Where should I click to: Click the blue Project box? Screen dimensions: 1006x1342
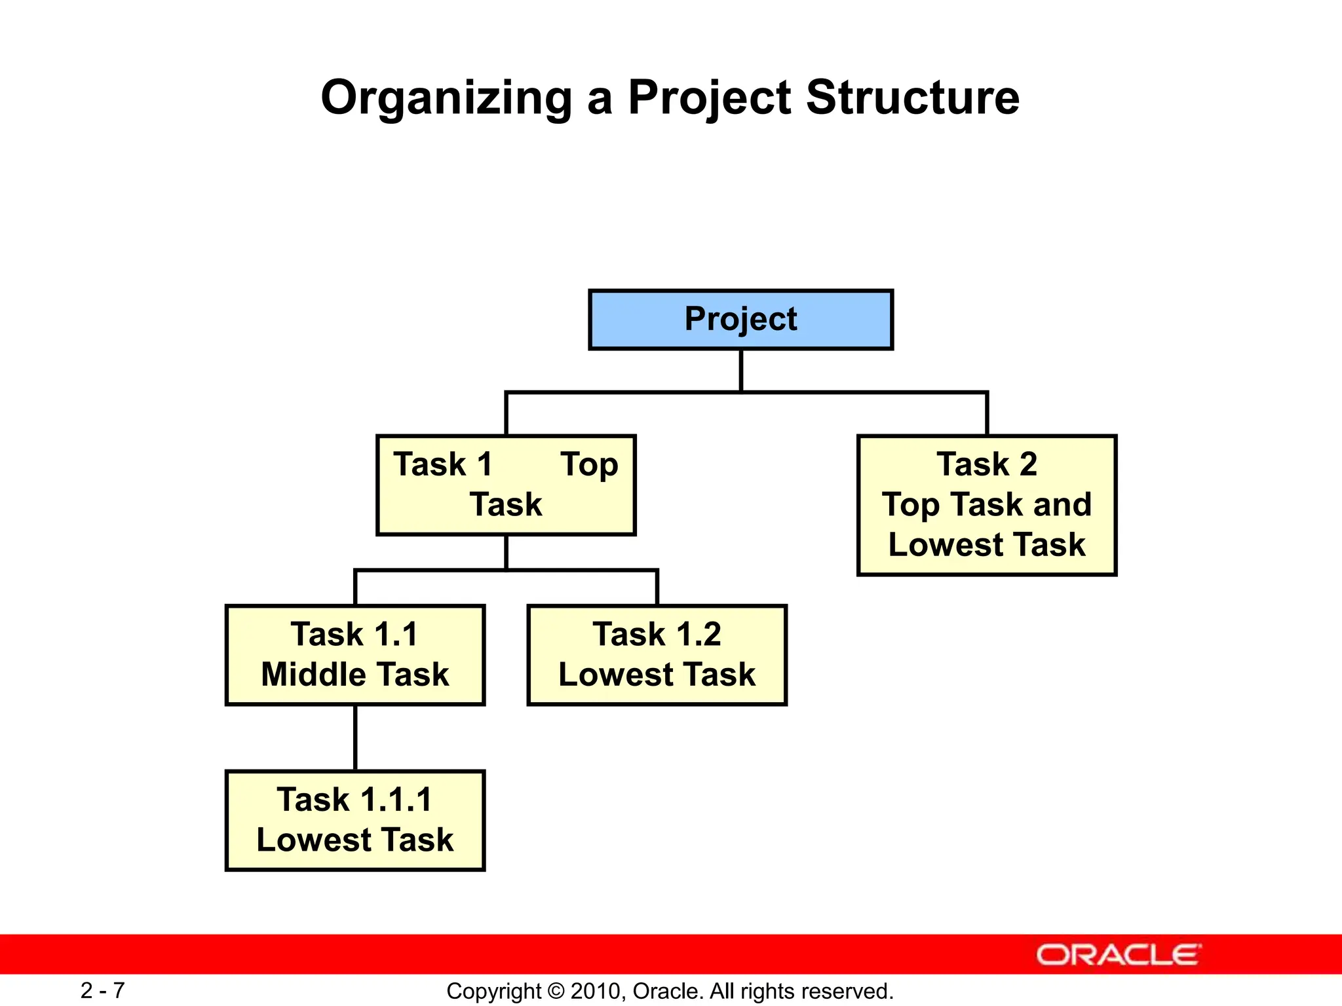point(740,320)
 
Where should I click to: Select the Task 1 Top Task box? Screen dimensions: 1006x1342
point(506,485)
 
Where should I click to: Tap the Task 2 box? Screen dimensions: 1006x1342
point(986,505)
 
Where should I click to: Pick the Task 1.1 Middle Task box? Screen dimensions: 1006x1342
point(355,655)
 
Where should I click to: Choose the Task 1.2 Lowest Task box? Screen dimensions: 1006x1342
point(657,655)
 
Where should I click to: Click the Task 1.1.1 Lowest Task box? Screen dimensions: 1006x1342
point(355,821)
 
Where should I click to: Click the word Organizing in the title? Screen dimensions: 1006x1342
point(446,98)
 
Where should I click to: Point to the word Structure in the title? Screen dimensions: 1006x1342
point(912,98)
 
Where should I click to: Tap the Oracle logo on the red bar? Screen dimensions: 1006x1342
point(1118,955)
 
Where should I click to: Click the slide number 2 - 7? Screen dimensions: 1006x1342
point(102,990)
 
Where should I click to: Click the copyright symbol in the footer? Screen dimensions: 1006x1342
point(556,992)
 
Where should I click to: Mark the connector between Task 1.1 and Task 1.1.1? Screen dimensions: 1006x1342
point(355,737)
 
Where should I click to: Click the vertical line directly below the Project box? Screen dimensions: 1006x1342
point(740,371)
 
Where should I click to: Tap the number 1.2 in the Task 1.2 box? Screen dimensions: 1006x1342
point(698,635)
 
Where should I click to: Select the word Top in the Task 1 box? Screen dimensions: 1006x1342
point(589,465)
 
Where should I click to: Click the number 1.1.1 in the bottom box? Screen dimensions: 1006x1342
point(396,800)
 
